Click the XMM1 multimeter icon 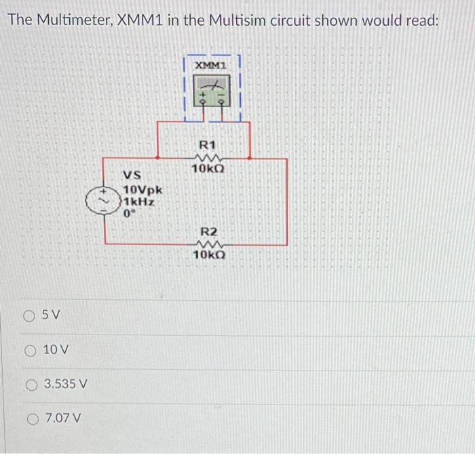pos(211,90)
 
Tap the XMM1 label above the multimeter pos(210,64)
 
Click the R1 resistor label pos(207,145)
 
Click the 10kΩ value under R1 pos(208,168)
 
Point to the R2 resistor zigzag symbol pos(208,244)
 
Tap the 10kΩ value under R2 pos(209,255)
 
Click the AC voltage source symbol pos(104,200)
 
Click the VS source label pos(132,174)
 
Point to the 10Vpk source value pos(142,189)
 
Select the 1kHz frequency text pos(138,202)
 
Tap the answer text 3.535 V pos(66,384)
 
